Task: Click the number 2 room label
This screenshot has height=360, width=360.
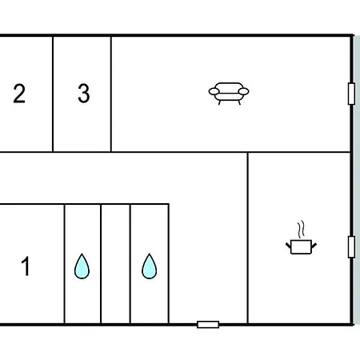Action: coord(19,94)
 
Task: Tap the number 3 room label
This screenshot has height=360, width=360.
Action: coord(84,94)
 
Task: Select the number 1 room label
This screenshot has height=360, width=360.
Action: coord(26,266)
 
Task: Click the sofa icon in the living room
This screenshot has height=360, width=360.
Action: coord(229,94)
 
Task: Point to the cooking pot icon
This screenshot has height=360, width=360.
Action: coord(301,246)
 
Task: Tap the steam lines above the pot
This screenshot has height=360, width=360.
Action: coord(301,229)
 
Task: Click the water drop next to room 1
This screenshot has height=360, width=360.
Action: coord(82,266)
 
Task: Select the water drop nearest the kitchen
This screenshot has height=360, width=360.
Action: coord(150,266)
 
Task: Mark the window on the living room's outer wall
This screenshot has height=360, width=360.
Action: coord(351,94)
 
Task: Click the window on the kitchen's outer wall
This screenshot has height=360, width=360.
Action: coord(351,247)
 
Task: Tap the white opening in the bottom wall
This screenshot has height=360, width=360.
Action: coord(208,325)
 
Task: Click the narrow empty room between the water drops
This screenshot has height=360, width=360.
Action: coord(115,264)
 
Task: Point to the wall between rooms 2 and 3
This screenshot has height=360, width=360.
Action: coord(53,94)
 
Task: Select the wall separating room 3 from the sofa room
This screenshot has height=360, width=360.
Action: coord(111,94)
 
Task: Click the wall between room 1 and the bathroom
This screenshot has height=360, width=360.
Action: coord(64,264)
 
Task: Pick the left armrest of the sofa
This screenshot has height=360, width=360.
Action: coord(214,92)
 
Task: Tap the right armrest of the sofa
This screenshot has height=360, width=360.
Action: coord(243,92)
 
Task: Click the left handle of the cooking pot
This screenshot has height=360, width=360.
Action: coord(288,246)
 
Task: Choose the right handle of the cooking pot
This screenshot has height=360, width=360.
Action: coord(314,246)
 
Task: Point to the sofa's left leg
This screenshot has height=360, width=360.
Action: coord(219,102)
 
